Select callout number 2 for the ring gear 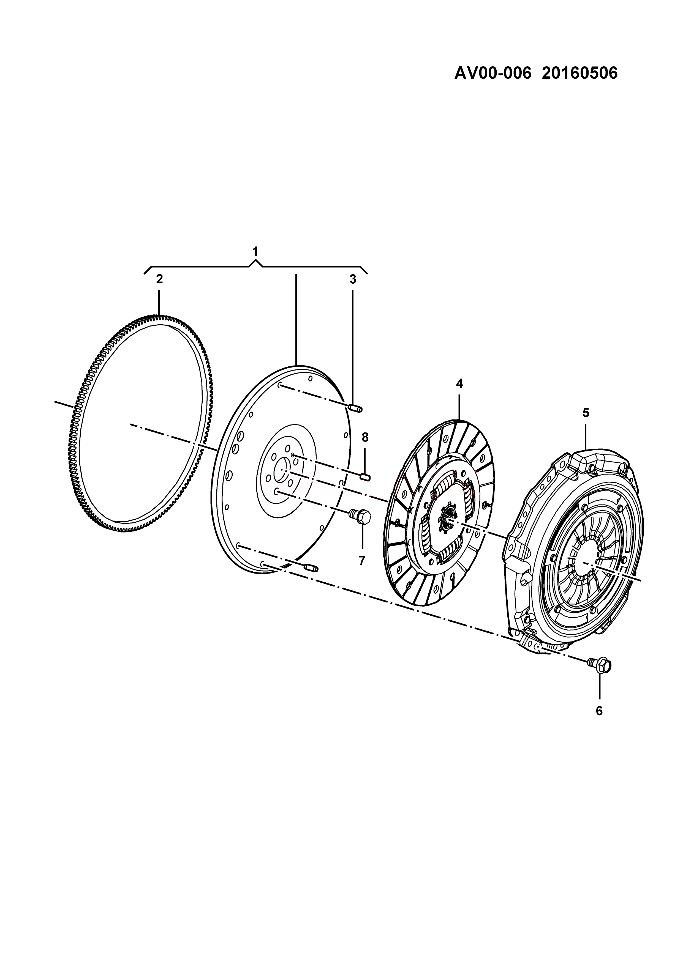pyautogui.click(x=159, y=279)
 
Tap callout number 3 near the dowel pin pyautogui.click(x=352, y=279)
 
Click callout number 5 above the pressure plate pyautogui.click(x=586, y=413)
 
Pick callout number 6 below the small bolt pyautogui.click(x=599, y=711)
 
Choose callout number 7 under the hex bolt pyautogui.click(x=362, y=560)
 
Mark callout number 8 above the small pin pyautogui.click(x=365, y=438)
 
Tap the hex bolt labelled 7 pyautogui.click(x=360, y=515)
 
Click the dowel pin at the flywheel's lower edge pyautogui.click(x=312, y=568)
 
